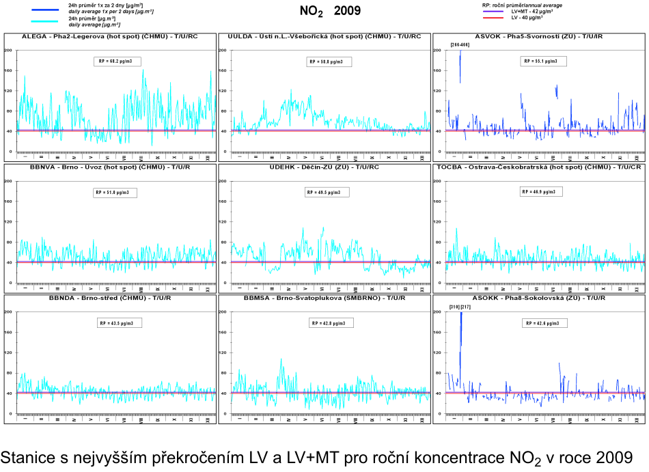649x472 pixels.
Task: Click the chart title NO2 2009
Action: [330, 11]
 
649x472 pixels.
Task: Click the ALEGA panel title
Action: [110, 36]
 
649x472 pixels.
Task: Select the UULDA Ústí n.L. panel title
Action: [324, 36]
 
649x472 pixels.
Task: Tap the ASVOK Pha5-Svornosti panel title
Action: [538, 36]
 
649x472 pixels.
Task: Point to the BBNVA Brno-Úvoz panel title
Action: [110, 167]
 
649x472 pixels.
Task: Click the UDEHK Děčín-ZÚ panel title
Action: [324, 167]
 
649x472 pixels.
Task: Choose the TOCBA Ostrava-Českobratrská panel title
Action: [538, 167]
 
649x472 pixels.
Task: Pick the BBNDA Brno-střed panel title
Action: [110, 299]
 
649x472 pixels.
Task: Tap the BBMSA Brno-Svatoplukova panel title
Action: [324, 299]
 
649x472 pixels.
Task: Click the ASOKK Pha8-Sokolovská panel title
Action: [538, 299]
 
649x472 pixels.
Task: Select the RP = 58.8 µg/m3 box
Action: [330, 61]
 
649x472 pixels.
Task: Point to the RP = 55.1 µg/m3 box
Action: [544, 61]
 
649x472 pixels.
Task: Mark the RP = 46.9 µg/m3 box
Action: [544, 193]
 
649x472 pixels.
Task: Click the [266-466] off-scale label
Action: [460, 45]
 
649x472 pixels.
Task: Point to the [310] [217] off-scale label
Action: [460, 307]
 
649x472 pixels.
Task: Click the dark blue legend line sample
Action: [47, 9]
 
